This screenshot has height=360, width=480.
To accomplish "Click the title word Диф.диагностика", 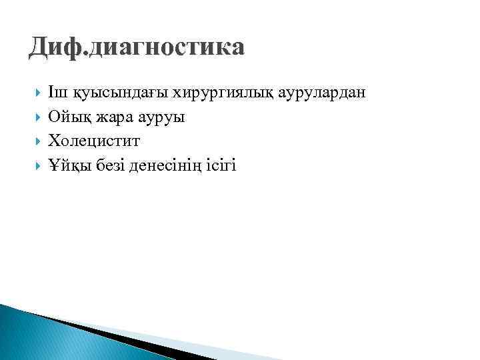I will pos(137,47).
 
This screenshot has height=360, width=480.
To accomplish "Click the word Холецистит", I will pos(94,141).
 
